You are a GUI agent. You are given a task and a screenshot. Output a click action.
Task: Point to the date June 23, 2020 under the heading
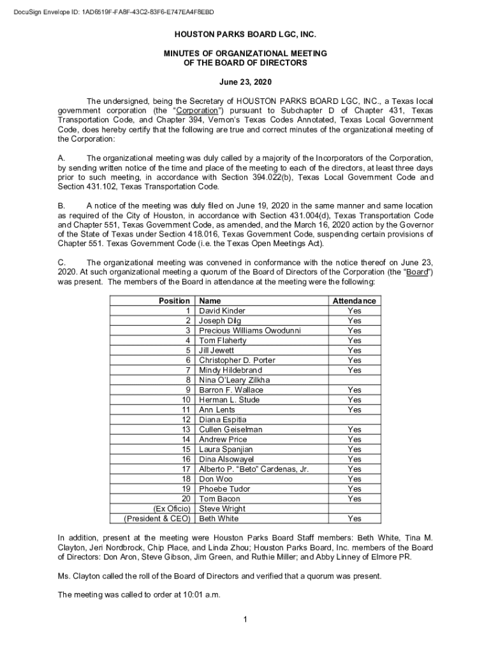pyautogui.click(x=246, y=83)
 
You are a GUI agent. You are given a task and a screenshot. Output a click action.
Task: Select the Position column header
pyautogui.click(x=173, y=301)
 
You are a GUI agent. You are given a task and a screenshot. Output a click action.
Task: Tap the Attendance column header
pyautogui.click(x=354, y=301)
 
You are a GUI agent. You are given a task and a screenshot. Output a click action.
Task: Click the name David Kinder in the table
pyautogui.click(x=222, y=311)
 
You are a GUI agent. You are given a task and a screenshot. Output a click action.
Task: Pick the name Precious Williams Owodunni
pyautogui.click(x=249, y=330)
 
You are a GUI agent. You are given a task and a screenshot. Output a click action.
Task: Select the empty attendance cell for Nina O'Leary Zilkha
pyautogui.click(x=354, y=380)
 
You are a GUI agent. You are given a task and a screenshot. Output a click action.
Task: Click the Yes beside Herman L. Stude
pyautogui.click(x=354, y=400)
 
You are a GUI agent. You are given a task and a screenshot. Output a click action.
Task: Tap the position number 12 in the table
pyautogui.click(x=186, y=420)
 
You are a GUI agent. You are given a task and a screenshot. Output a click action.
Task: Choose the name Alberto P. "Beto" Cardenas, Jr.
pyautogui.click(x=254, y=469)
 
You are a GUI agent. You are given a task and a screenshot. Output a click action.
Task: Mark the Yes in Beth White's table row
pyautogui.click(x=354, y=518)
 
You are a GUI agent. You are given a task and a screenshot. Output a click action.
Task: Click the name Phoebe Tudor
pyautogui.click(x=224, y=489)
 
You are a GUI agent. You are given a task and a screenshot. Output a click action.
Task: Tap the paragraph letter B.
pyautogui.click(x=61, y=207)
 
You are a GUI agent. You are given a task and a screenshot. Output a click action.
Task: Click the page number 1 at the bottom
pyautogui.click(x=246, y=620)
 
